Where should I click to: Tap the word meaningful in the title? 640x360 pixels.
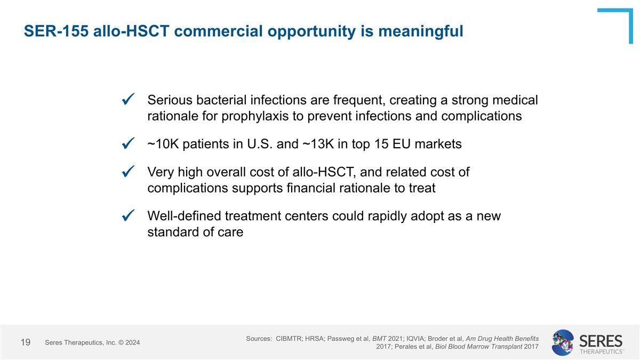point(421,31)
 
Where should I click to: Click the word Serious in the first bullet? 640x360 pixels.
point(171,100)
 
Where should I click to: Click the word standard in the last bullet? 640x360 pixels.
point(171,233)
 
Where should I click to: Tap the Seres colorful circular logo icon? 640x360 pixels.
point(563,342)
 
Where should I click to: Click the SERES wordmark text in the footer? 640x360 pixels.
point(601,340)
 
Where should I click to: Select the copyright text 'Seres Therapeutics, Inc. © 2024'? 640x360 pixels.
point(92,342)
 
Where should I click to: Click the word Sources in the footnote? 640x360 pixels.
point(258,339)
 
